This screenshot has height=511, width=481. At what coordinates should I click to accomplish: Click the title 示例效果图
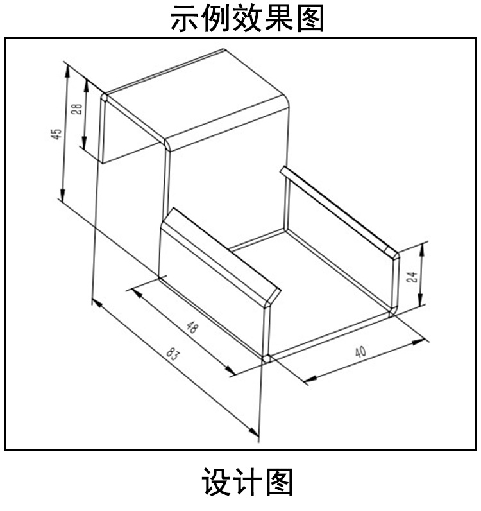(x=247, y=19)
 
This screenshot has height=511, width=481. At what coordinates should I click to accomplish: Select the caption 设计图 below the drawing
(x=247, y=483)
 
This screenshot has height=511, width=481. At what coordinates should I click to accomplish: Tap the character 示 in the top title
(x=185, y=19)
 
